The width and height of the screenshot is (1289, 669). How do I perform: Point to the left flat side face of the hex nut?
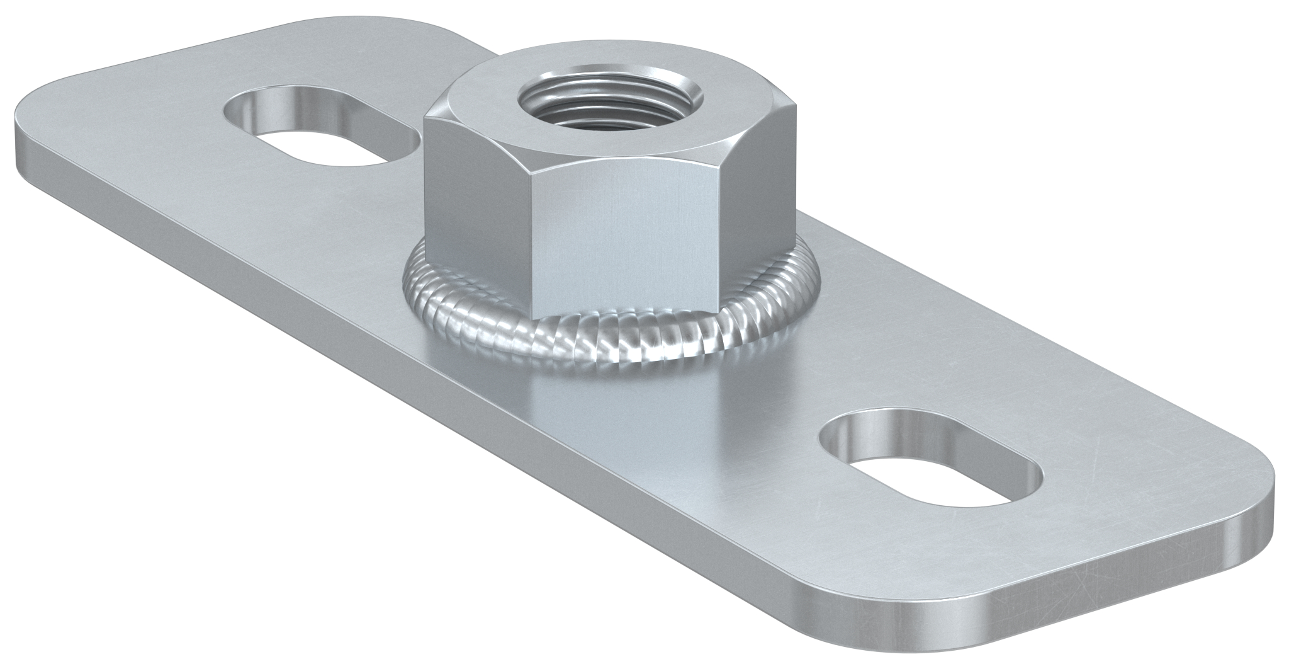point(478,189)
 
